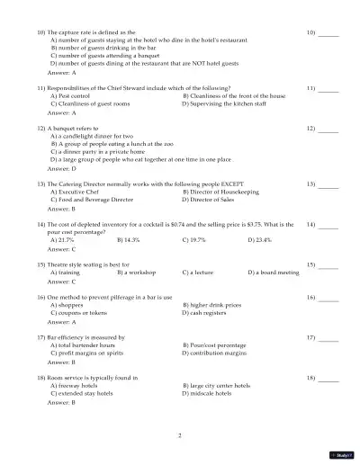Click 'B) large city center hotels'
point(216,386)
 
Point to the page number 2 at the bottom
point(180,435)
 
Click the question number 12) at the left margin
point(41,129)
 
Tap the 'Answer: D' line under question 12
point(61,168)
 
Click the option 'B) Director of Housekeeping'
point(220,191)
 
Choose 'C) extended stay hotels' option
point(85,394)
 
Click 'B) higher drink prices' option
point(215,305)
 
